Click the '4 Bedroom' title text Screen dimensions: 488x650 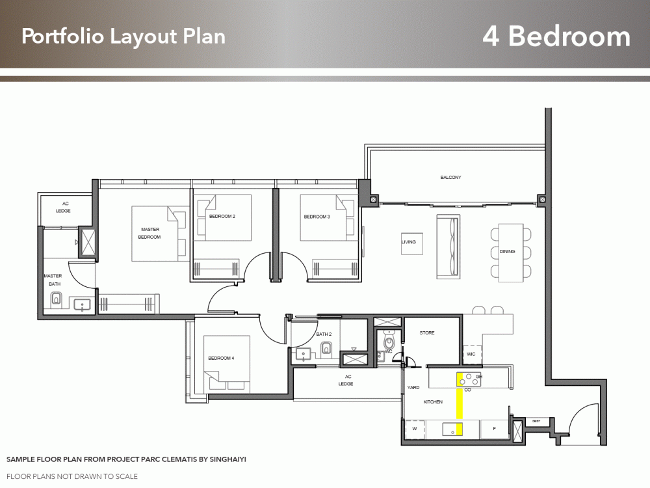[556, 36]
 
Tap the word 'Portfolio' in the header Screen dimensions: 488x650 [62, 36]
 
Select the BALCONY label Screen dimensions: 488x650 [450, 178]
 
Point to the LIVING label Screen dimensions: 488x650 [408, 242]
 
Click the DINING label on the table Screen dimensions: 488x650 [508, 252]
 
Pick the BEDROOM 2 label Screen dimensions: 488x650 [222, 216]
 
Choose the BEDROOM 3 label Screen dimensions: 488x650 [317, 217]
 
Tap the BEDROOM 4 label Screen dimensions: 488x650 [221, 359]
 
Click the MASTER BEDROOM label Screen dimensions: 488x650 [149, 233]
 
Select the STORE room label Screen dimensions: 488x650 [427, 333]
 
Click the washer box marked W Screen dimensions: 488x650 [413, 429]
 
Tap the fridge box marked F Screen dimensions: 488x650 [495, 429]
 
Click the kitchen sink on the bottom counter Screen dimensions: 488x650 [452, 429]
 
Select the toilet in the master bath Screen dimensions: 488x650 [55, 299]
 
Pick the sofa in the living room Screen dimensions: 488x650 [448, 245]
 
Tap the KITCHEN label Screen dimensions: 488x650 [433, 402]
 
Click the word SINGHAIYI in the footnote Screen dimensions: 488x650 [225, 459]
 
